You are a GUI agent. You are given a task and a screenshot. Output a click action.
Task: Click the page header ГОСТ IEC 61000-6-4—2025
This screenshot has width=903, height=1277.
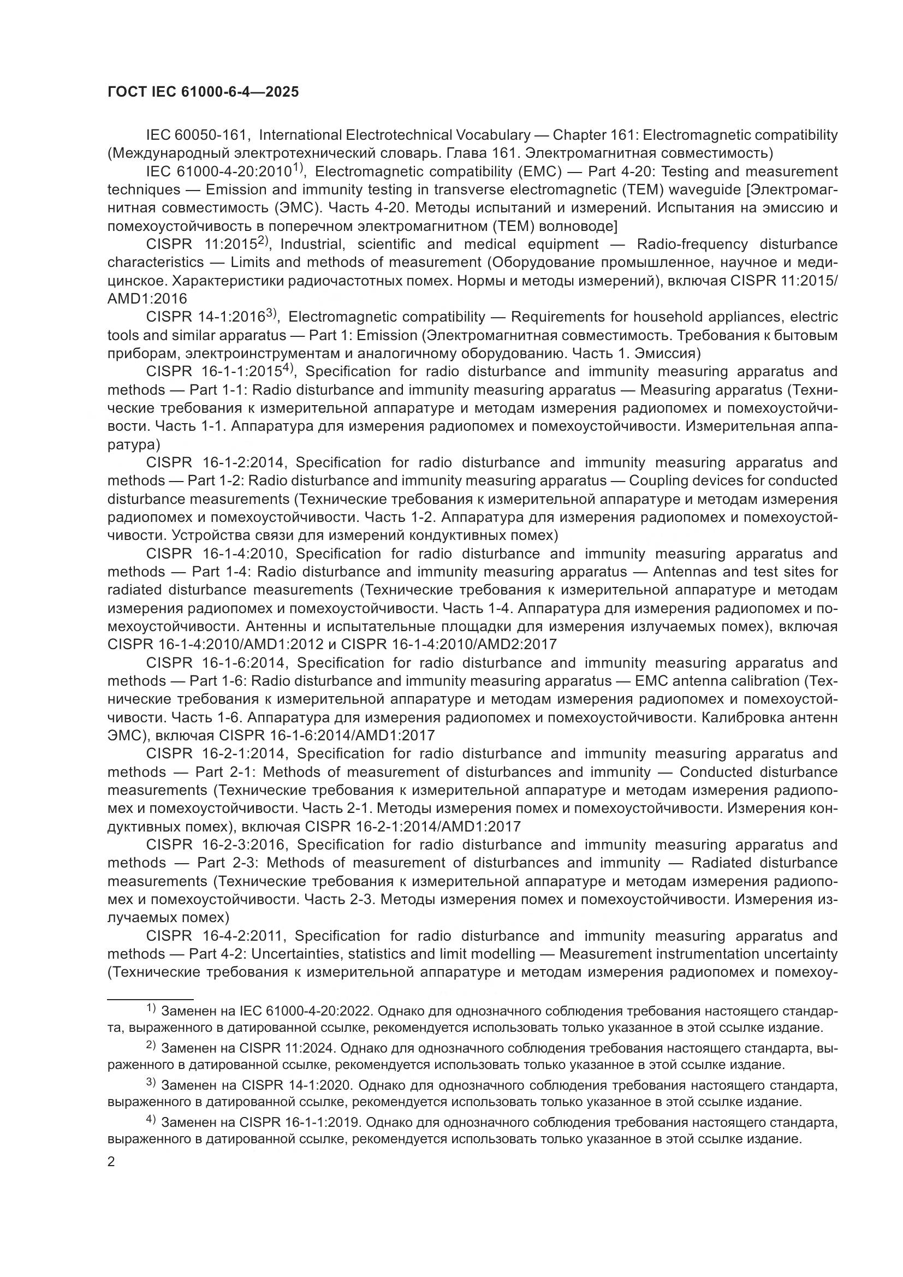[x=203, y=92]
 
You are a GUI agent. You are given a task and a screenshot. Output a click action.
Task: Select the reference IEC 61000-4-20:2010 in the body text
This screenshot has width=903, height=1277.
[x=218, y=171]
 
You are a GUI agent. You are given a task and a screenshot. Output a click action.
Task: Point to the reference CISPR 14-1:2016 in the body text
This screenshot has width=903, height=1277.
[x=205, y=317]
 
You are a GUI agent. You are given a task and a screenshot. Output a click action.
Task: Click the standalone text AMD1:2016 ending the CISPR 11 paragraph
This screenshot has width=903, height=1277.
[x=147, y=299]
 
